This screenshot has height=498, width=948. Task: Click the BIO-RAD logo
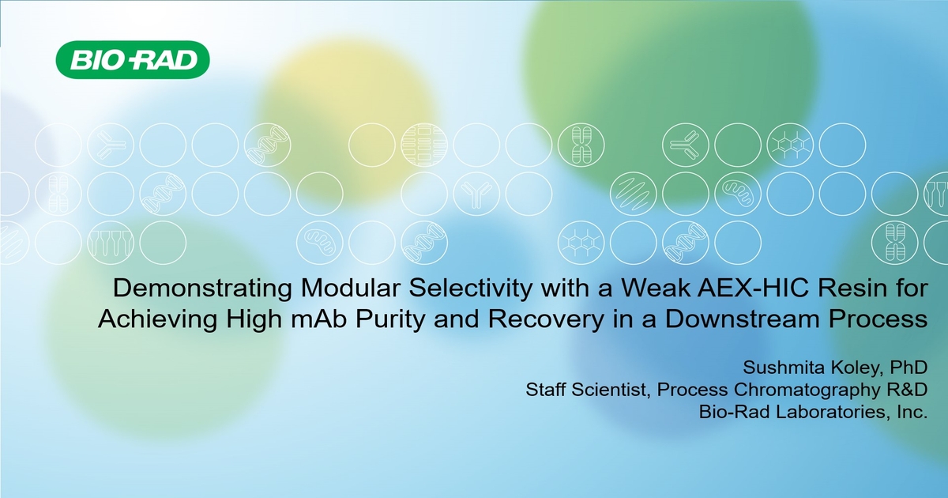coord(132,61)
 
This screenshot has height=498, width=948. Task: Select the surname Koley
coord(833,368)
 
